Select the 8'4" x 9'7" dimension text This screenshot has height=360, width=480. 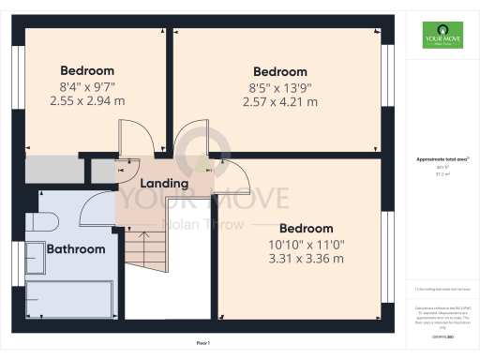click(x=87, y=86)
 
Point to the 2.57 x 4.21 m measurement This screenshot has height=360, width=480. click(x=280, y=102)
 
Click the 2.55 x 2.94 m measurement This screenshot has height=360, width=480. click(x=87, y=101)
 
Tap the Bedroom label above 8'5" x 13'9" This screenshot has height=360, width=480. click(x=280, y=72)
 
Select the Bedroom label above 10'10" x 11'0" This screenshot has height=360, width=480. click(x=307, y=229)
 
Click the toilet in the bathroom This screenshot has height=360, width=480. click(x=43, y=221)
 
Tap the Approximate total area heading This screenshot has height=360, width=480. click(x=442, y=160)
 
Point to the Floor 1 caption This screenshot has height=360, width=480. click(x=202, y=345)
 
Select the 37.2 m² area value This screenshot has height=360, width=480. click(x=442, y=174)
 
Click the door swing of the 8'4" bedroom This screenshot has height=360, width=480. click(x=128, y=140)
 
